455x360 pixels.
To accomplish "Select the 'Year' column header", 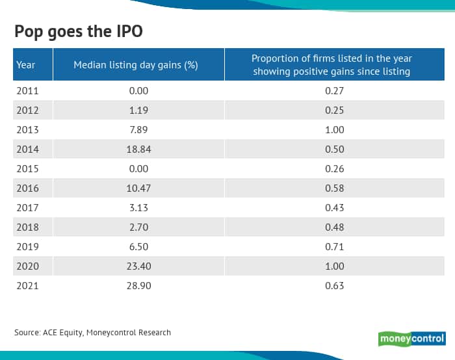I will (25, 65).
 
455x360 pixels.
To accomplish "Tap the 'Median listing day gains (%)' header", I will (135, 65).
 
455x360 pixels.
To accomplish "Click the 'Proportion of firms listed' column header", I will (331, 65).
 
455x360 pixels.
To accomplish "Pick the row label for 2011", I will (27, 91).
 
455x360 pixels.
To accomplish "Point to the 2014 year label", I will (27, 149).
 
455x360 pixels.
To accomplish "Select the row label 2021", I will (27, 286).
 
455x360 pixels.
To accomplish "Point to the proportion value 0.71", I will (334, 247).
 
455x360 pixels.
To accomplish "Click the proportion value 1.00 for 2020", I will (334, 266).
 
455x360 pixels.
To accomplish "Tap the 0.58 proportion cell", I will (334, 188).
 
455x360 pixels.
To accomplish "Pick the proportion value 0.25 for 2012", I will (334, 110).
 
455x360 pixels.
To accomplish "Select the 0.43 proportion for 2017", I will (334, 208).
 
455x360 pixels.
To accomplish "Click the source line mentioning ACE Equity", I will (92, 333).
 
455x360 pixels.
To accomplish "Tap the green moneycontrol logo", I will (411, 339).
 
